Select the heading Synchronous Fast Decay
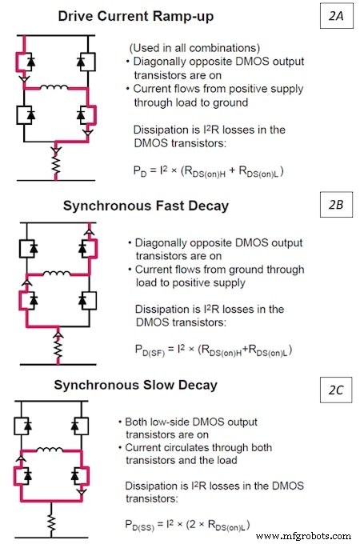coord(146,206)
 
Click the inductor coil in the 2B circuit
coord(56,274)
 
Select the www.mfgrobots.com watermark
coord(306,534)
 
